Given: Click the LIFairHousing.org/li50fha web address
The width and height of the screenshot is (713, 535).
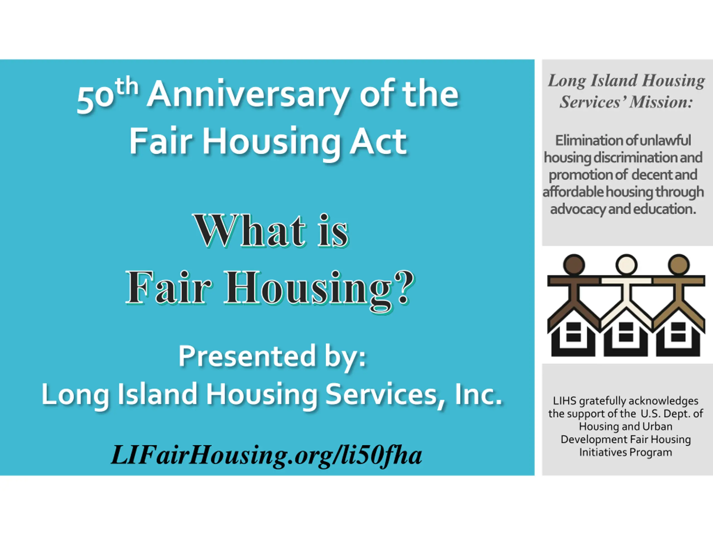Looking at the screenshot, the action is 267,455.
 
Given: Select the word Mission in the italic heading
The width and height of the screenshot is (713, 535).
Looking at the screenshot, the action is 661,102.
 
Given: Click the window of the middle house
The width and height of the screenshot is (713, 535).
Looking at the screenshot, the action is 626,332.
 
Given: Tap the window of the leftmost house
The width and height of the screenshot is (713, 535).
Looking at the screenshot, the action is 574,332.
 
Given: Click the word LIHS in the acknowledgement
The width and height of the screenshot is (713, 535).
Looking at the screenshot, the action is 565,401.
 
